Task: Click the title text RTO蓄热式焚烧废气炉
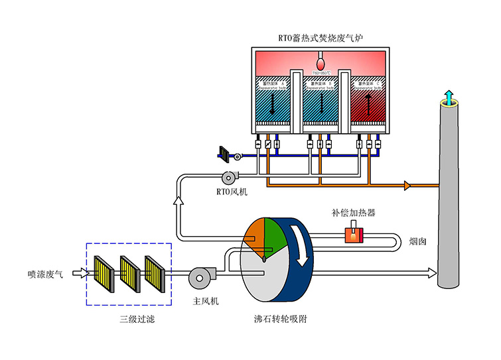[x=321, y=37]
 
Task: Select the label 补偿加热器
[x=354, y=213]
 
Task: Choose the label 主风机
[x=205, y=302]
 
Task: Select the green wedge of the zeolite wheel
[x=275, y=232]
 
